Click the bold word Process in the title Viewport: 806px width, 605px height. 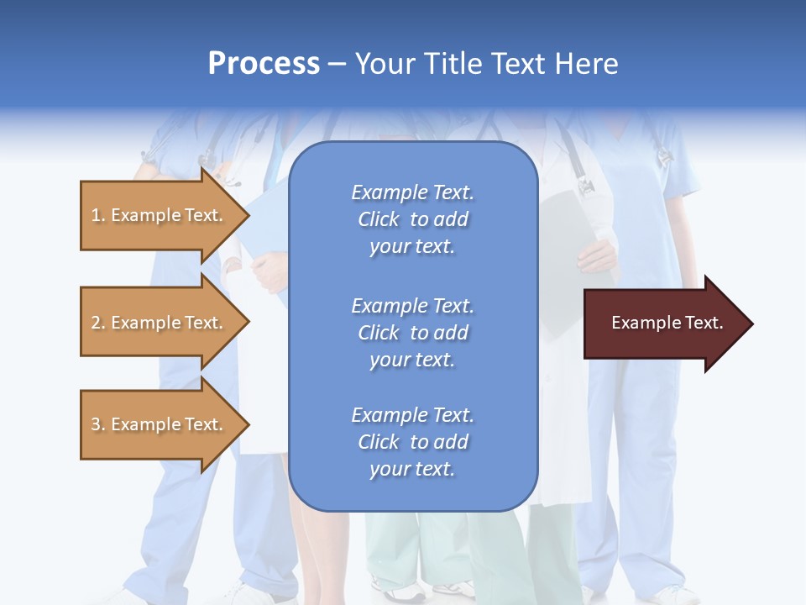264,63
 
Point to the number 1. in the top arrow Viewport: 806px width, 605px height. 98,215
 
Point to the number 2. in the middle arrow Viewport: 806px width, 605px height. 98,323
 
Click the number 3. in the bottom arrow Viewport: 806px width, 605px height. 98,424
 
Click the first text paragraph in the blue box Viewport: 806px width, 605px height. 412,219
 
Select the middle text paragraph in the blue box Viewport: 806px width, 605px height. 412,333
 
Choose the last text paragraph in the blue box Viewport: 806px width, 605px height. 412,442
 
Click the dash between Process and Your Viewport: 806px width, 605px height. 338,64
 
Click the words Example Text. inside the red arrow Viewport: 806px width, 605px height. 667,323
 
